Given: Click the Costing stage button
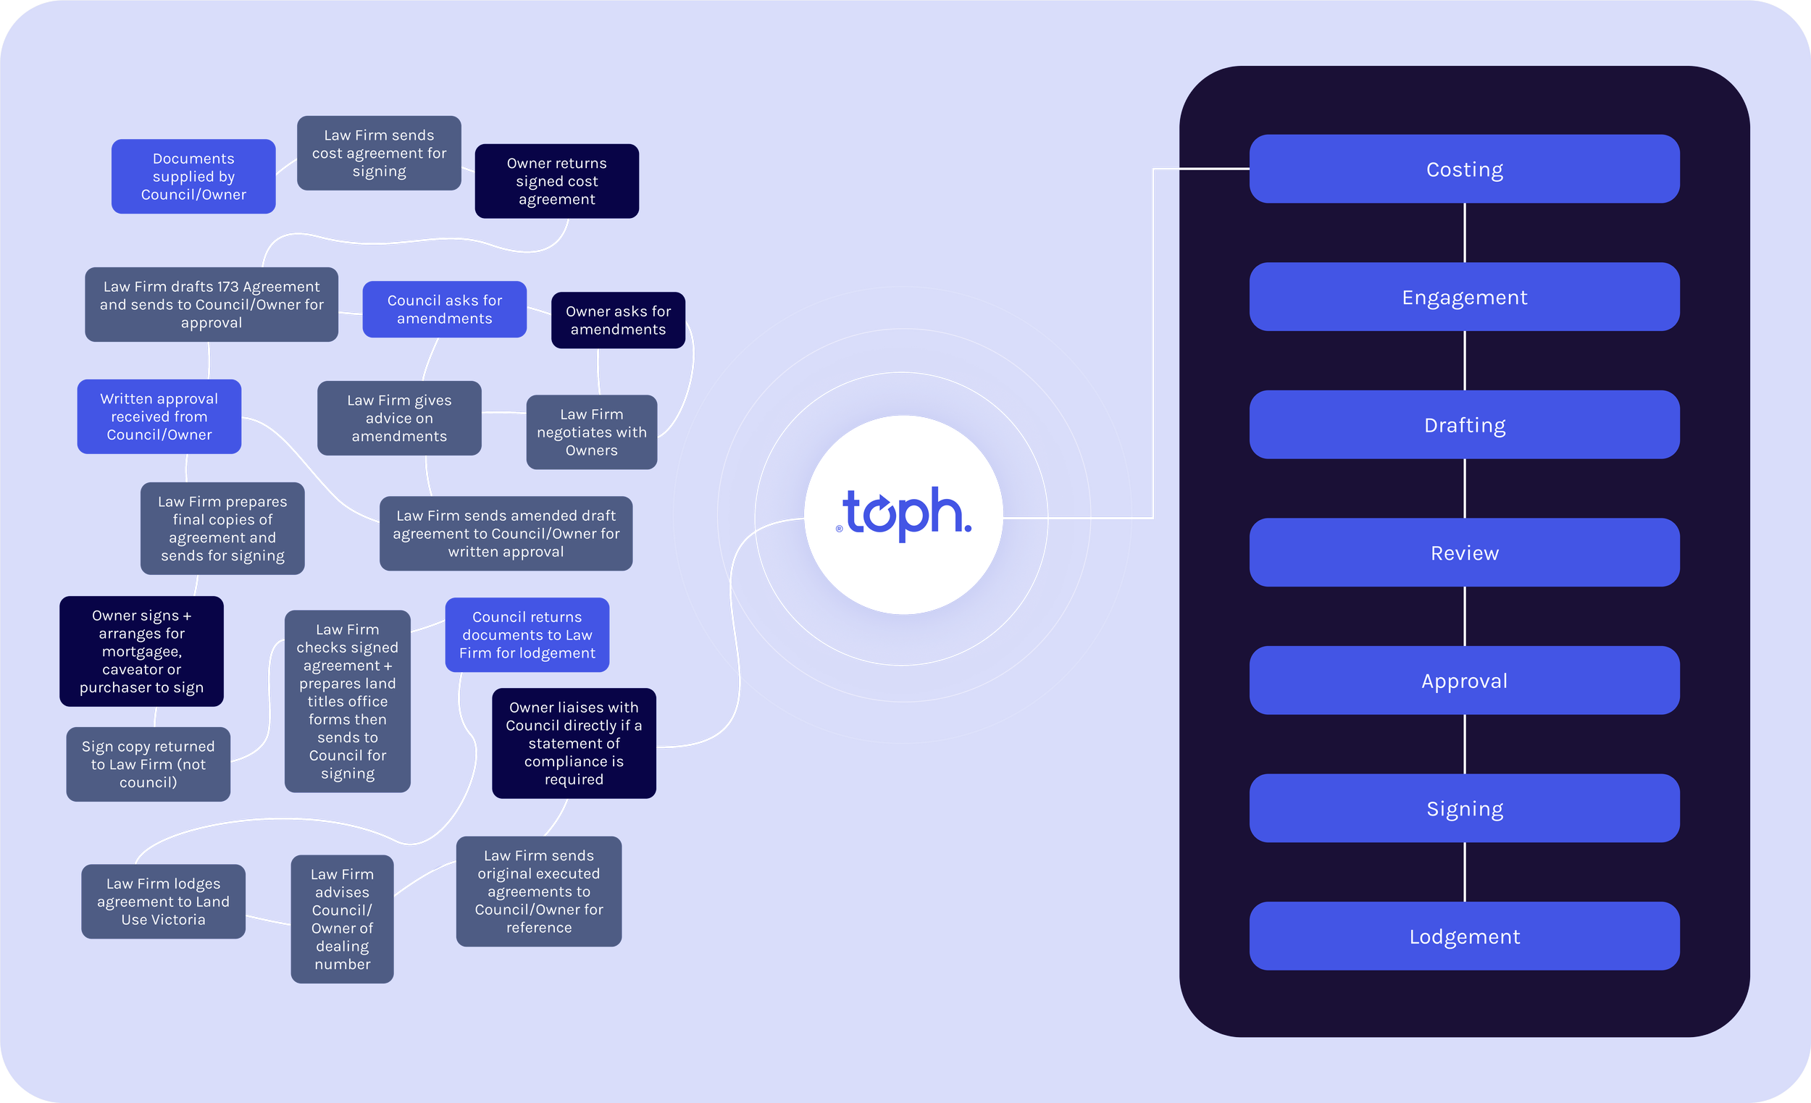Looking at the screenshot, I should [1464, 169].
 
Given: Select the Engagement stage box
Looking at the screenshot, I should [1464, 297].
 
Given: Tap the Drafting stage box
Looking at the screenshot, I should [1464, 424].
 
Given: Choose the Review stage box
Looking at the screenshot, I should [1464, 553].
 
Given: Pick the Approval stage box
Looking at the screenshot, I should [1464, 681].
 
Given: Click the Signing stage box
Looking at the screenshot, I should [1464, 808].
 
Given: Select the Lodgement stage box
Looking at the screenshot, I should [1464, 936].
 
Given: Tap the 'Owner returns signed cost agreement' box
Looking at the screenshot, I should [556, 181].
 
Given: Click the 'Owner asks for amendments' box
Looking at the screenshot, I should [618, 320].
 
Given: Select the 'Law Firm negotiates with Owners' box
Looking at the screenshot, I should [592, 432].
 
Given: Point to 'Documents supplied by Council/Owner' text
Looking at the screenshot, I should [193, 177].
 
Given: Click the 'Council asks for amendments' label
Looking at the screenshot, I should [445, 309].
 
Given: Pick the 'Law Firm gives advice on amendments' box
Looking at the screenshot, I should [399, 418].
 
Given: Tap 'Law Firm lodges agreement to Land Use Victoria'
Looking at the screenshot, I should [163, 901].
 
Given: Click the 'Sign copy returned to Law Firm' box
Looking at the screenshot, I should [149, 764].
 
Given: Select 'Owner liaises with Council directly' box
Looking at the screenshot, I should [573, 743].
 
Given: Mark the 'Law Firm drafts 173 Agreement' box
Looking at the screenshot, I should [212, 304].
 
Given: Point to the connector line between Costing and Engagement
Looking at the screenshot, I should [1464, 232].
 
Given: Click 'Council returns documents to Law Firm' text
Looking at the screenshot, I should [527, 635].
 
